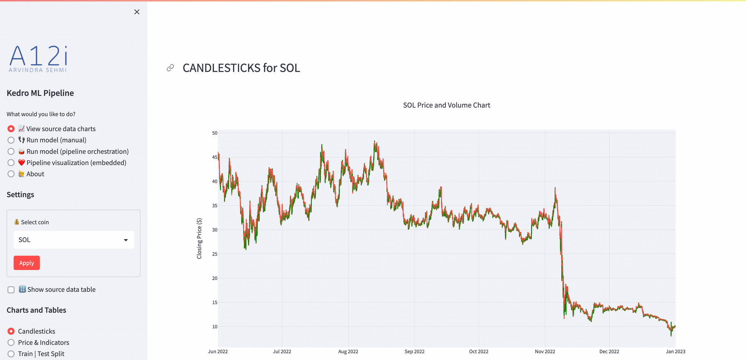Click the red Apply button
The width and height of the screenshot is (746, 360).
[x=26, y=263]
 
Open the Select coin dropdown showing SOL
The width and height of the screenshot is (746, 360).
[x=73, y=240]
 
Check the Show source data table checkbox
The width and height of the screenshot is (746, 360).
[x=11, y=290]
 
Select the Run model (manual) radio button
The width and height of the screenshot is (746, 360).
[x=11, y=140]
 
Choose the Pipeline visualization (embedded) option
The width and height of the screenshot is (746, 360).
[x=11, y=163]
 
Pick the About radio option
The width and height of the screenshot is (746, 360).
[x=11, y=174]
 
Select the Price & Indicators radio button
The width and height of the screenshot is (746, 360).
[x=11, y=342]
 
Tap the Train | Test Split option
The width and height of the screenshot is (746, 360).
[x=11, y=354]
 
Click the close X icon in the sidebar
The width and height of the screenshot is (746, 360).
[x=137, y=12]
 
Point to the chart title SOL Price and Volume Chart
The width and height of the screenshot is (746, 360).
[x=446, y=105]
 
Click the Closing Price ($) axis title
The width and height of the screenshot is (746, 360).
[x=199, y=238]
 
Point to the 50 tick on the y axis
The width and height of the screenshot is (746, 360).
[x=214, y=133]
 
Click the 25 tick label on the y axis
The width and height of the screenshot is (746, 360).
[x=214, y=254]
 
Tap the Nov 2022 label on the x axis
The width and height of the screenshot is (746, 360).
[x=545, y=351]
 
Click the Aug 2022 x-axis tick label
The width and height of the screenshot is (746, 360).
[x=348, y=351]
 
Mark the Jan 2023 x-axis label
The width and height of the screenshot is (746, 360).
[x=675, y=351]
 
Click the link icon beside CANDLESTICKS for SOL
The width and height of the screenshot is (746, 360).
[x=170, y=68]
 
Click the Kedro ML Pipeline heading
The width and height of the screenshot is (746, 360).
[x=40, y=93]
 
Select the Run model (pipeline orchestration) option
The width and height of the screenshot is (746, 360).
[x=11, y=151]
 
